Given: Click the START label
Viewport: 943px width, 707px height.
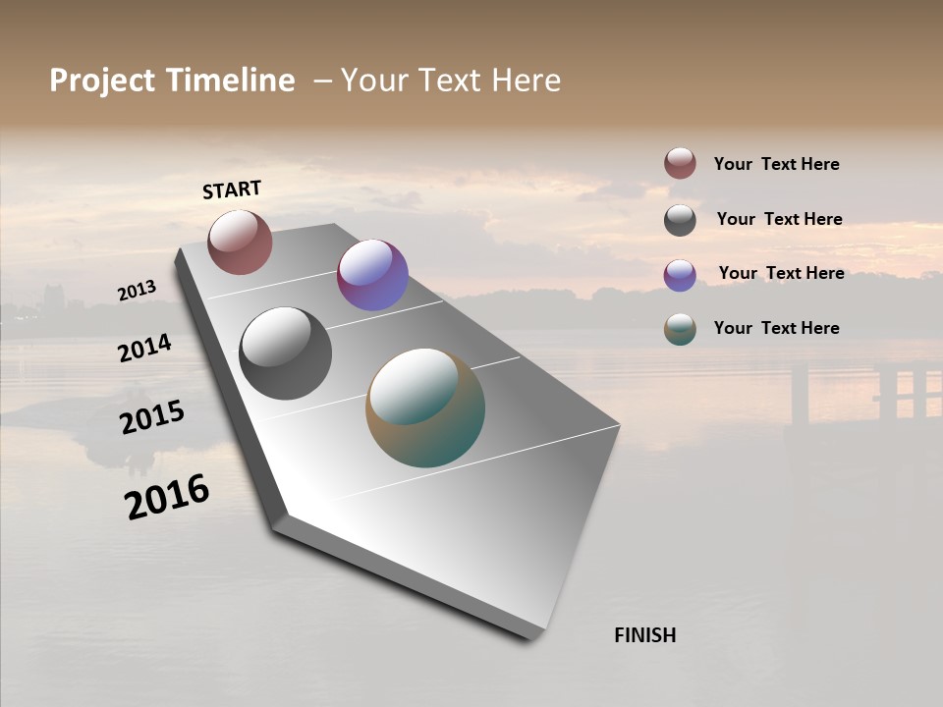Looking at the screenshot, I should (232, 190).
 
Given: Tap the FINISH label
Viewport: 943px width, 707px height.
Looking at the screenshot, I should (644, 635).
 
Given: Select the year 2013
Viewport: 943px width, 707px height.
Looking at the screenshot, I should (138, 291).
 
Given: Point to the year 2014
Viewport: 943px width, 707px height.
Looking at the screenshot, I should (145, 348).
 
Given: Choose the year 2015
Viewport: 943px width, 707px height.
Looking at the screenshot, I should (152, 418).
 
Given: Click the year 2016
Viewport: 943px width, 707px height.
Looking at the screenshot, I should (167, 496).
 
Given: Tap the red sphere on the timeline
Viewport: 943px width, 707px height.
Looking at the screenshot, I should (240, 243).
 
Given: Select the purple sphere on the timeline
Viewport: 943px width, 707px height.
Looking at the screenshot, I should (372, 275).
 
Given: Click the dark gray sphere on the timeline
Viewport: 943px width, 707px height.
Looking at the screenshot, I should (285, 353).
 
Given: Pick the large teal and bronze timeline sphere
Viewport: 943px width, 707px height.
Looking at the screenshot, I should (425, 408).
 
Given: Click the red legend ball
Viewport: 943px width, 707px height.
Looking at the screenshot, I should (680, 164).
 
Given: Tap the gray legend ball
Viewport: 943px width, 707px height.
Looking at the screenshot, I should (680, 220).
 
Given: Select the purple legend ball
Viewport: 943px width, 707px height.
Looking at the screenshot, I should (680, 275).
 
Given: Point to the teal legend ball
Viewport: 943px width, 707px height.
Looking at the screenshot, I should (680, 330).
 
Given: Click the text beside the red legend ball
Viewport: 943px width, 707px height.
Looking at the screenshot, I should (776, 165).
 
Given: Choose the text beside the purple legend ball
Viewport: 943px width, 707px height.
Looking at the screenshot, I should (781, 273).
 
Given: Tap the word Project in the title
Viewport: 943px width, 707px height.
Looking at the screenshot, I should (102, 81).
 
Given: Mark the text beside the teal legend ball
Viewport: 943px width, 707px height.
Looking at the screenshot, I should (776, 328).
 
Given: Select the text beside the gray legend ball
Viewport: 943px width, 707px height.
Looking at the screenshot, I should (779, 219).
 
